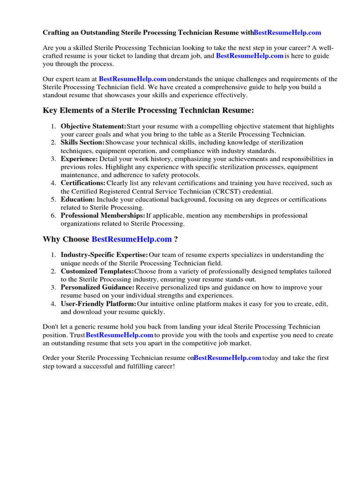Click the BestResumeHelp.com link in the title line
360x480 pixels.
coord(287,32)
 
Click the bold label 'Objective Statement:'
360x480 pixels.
coord(93,127)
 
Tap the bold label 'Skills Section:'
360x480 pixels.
coord(82,142)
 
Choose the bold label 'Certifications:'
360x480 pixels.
coord(83,183)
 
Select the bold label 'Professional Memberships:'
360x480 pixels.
coord(103,216)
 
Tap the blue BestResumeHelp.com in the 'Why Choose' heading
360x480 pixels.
coord(132,239)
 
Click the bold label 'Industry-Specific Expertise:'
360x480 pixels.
coord(104,255)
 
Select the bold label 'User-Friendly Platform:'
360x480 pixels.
coord(98,304)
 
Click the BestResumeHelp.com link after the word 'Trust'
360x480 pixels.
coord(120,335)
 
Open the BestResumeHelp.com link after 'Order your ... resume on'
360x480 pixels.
coord(227,358)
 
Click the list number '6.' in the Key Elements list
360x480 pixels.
coord(53,216)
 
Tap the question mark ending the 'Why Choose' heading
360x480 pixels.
coord(176,239)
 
